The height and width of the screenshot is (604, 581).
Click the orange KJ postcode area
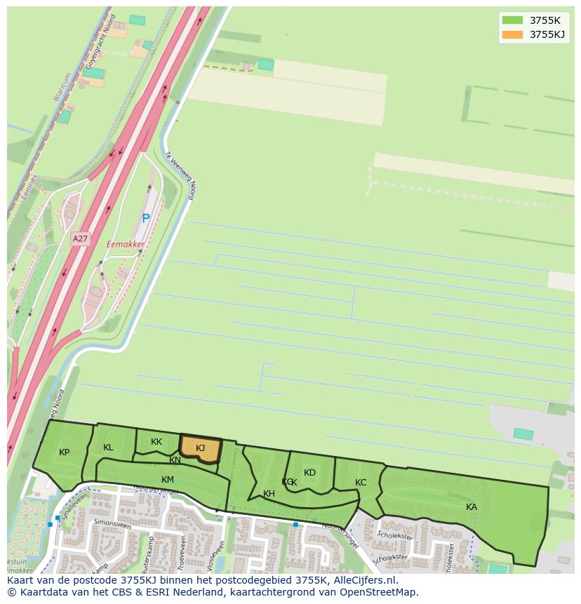pos(201,449)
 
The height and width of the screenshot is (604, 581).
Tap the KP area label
pos(65,452)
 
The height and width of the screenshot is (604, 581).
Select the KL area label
pos(108,448)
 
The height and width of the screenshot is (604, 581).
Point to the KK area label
pos(156,442)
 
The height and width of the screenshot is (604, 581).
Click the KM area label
pos(168,480)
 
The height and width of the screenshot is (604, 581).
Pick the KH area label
pos(269,494)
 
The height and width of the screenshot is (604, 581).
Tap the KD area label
pos(309,473)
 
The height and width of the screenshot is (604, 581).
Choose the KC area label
pos(361,483)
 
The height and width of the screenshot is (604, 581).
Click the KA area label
pos(472,507)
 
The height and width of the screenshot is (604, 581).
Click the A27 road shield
pos(81,239)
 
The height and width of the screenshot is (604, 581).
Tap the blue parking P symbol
pos(146,218)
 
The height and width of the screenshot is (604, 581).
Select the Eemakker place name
pos(126,245)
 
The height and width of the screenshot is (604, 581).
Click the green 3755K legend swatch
pos(512,20)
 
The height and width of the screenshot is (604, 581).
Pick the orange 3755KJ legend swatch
pos(512,34)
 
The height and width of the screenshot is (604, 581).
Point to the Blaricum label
pos(62,88)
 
